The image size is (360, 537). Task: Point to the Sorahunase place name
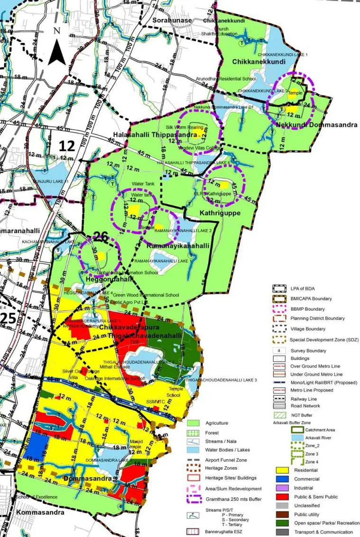click(172, 20)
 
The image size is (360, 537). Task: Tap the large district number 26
click(101, 236)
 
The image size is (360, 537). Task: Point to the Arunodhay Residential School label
click(229, 79)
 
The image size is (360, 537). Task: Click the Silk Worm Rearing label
click(185, 127)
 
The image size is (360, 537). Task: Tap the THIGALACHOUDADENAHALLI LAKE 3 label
click(221, 380)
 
